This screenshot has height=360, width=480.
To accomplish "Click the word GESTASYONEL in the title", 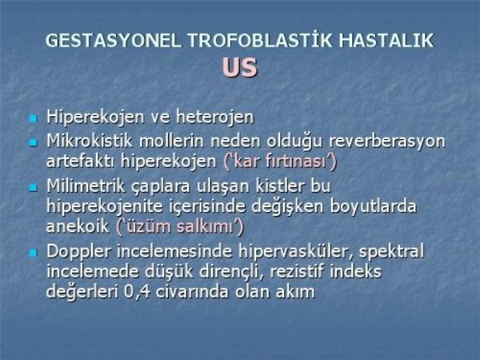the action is point(114,41).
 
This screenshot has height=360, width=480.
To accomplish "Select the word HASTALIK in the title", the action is point(386,41).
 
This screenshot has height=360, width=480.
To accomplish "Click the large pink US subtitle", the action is point(240,67).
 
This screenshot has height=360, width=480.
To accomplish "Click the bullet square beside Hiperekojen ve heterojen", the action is point(33,118).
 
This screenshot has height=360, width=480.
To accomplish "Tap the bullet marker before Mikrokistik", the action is point(33,142).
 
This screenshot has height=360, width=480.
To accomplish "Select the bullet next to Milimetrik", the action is point(33,187).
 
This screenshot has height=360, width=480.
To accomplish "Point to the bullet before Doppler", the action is point(33,253).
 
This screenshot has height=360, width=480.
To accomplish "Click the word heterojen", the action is point(215,118).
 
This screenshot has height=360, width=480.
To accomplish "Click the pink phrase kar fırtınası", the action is point(280,162).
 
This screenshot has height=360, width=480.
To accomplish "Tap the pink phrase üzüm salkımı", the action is point(180,226).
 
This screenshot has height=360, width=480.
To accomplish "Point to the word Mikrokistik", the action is point(90,141).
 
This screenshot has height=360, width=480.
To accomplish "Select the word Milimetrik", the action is point(86,186).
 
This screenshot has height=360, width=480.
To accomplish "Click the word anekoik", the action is point(78,226).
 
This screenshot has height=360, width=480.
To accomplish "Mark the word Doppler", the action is point(78,253).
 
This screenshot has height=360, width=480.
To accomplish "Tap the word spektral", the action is point(392,253).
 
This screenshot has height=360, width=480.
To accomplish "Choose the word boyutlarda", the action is point(374,206).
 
